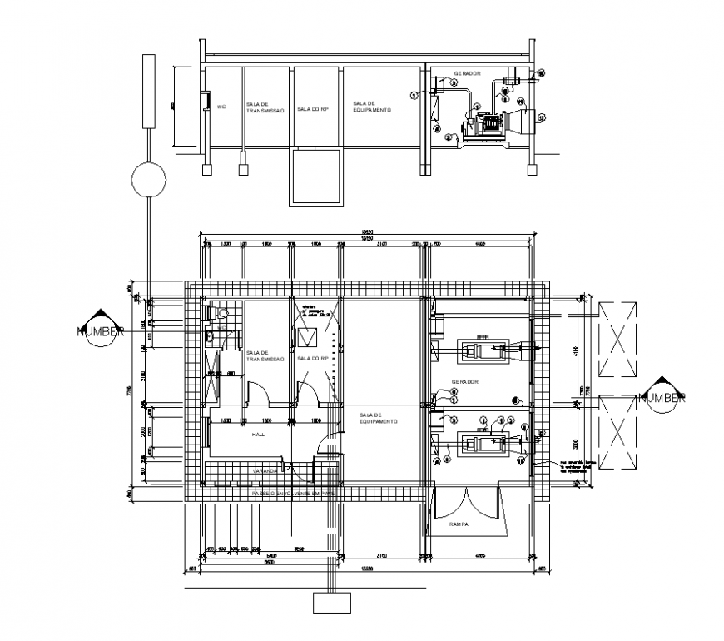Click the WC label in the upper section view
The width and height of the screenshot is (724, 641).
click(221, 107)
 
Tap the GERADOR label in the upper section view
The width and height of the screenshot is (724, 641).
click(468, 74)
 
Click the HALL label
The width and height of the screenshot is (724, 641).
click(259, 435)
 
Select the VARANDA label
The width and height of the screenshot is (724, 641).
click(267, 470)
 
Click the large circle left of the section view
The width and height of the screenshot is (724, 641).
click(148, 179)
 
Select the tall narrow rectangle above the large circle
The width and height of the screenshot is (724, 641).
click(149, 91)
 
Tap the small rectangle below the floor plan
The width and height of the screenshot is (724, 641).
click(331, 602)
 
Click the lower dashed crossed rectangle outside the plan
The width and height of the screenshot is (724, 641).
click(617, 434)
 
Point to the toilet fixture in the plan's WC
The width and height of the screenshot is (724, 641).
click(224, 313)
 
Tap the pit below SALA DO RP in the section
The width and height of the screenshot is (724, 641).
click(315, 176)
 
